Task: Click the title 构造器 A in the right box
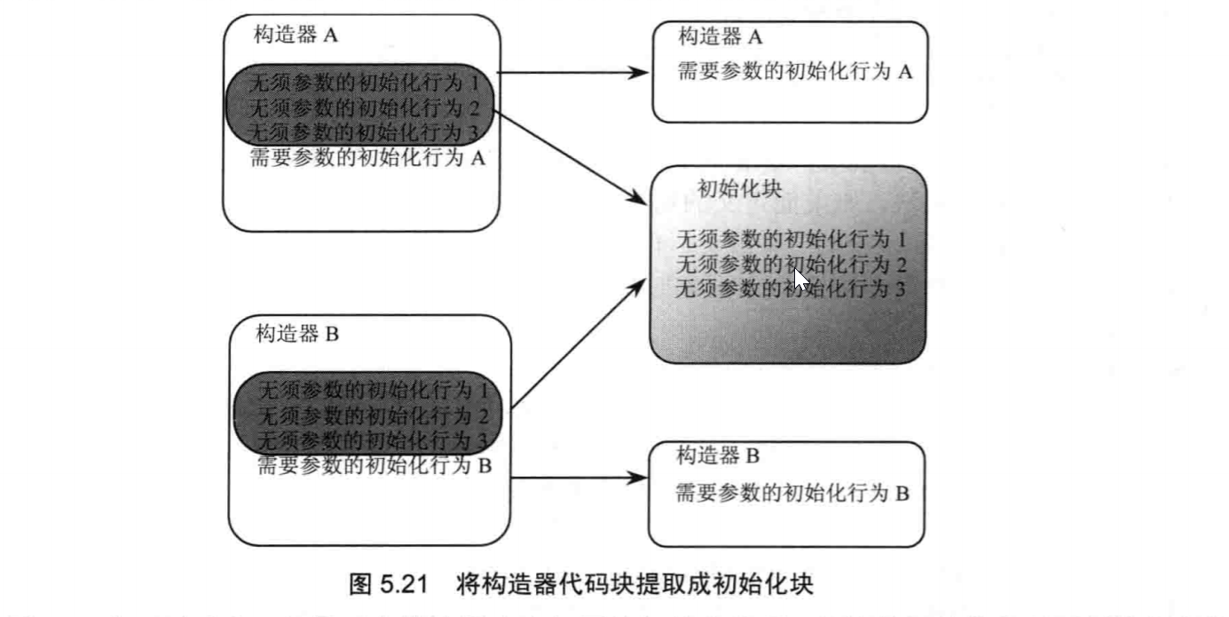point(721,37)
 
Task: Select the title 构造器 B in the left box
point(297,335)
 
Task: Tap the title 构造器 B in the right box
point(718,457)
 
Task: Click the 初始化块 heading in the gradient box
point(739,188)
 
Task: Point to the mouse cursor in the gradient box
point(800,279)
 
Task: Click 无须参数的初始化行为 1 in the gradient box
point(791,240)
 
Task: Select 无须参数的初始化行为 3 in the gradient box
point(791,289)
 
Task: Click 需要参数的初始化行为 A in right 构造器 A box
point(794,72)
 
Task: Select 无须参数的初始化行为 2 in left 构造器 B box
point(374,415)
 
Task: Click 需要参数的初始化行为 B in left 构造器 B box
point(374,464)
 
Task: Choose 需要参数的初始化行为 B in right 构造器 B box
point(792,494)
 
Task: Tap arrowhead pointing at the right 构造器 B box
point(638,478)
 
